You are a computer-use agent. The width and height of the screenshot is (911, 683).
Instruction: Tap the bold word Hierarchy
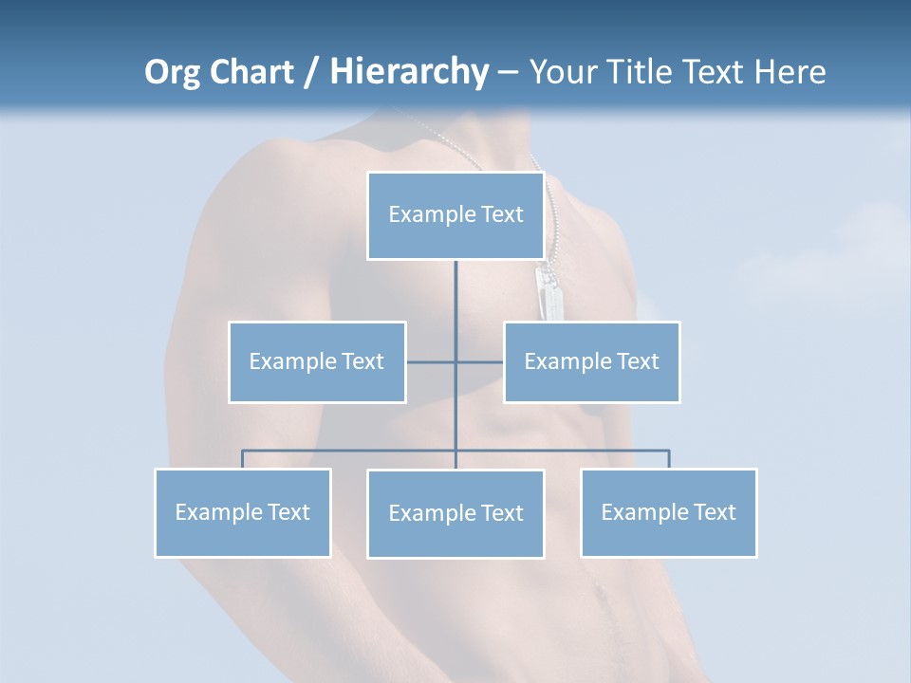[408, 72]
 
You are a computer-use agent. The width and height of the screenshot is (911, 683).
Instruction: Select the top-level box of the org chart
[455, 215]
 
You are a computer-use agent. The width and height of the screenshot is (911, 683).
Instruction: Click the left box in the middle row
[317, 361]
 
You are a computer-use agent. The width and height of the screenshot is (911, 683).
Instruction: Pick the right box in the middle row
[592, 361]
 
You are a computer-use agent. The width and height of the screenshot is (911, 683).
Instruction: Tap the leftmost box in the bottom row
[243, 512]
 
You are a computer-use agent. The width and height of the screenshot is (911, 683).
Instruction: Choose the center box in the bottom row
[455, 513]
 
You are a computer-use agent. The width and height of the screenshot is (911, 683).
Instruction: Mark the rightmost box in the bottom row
[669, 512]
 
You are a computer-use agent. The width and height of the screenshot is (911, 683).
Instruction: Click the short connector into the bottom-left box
[243, 459]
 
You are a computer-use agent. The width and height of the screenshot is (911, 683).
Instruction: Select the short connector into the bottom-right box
[669, 459]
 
